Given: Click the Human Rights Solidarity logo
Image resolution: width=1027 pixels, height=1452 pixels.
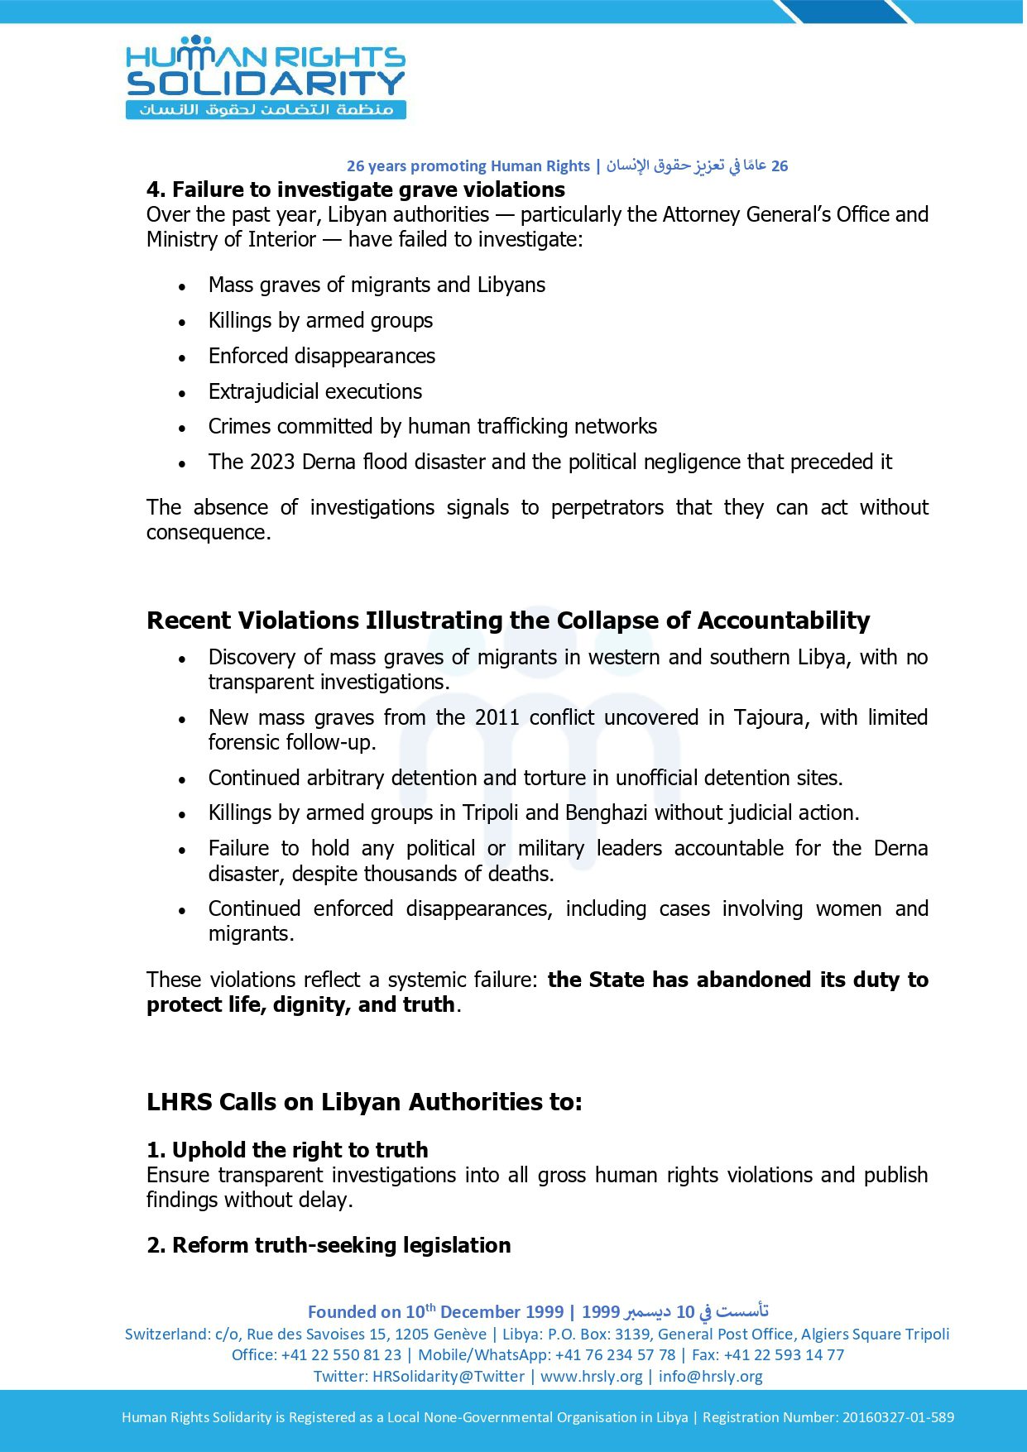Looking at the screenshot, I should click(x=265, y=77).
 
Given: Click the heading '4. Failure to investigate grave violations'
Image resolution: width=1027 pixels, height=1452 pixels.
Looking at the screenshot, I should click(x=356, y=189).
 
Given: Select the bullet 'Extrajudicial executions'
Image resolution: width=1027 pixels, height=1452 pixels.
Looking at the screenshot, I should click(x=314, y=391).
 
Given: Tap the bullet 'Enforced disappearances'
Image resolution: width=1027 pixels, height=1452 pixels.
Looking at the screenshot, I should click(x=321, y=356).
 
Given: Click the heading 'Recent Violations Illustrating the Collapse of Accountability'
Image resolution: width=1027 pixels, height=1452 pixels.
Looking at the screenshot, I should click(x=508, y=621).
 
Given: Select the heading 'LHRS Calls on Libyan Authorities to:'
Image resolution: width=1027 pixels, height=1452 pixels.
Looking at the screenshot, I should click(x=364, y=1102).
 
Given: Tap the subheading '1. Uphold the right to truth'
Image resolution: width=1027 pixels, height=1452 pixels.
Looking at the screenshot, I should click(x=287, y=1150).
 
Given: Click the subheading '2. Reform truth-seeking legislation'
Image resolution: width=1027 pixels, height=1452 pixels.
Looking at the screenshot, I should click(x=329, y=1245).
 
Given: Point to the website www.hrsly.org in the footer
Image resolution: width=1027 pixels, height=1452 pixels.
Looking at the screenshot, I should click(x=591, y=1376).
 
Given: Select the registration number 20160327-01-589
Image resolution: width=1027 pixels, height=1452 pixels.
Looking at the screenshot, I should click(x=898, y=1417).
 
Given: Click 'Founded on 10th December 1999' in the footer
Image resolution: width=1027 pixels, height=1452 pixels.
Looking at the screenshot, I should click(x=435, y=1311).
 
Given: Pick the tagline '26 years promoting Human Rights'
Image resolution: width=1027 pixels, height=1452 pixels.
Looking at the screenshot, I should click(x=468, y=165).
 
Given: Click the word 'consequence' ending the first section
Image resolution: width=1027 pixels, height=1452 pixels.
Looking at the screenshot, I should click(x=207, y=532).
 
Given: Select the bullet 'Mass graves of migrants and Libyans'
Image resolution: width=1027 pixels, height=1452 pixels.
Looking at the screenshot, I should click(x=377, y=285).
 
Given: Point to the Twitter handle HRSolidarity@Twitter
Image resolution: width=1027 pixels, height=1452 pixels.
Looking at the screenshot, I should click(x=448, y=1376).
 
